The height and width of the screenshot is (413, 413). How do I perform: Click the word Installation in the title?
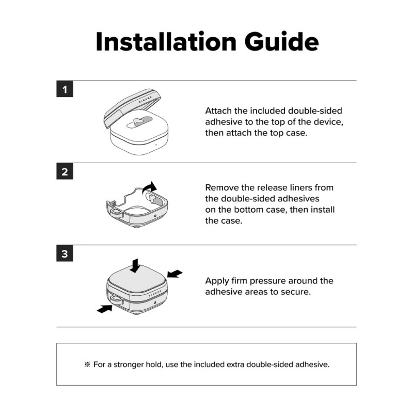(166, 42)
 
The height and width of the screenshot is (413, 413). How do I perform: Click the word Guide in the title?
(281, 42)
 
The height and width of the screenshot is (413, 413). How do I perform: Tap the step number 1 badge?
(65, 89)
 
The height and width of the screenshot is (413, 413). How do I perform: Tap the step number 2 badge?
(65, 172)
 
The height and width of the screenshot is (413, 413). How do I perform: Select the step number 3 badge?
(65, 254)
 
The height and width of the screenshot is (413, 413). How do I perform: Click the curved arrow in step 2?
(149, 187)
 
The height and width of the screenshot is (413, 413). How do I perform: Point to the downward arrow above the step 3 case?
(135, 265)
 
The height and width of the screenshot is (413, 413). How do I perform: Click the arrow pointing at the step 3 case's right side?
(174, 274)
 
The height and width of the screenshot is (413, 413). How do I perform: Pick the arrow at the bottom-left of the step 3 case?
(105, 308)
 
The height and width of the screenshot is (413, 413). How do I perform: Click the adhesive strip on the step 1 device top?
(139, 122)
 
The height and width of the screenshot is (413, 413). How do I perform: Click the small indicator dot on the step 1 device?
(156, 145)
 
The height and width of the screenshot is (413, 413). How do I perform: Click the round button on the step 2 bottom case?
(155, 216)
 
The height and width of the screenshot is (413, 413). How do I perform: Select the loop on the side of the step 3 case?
(116, 299)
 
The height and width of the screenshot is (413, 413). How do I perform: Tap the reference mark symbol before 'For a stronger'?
(87, 364)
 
